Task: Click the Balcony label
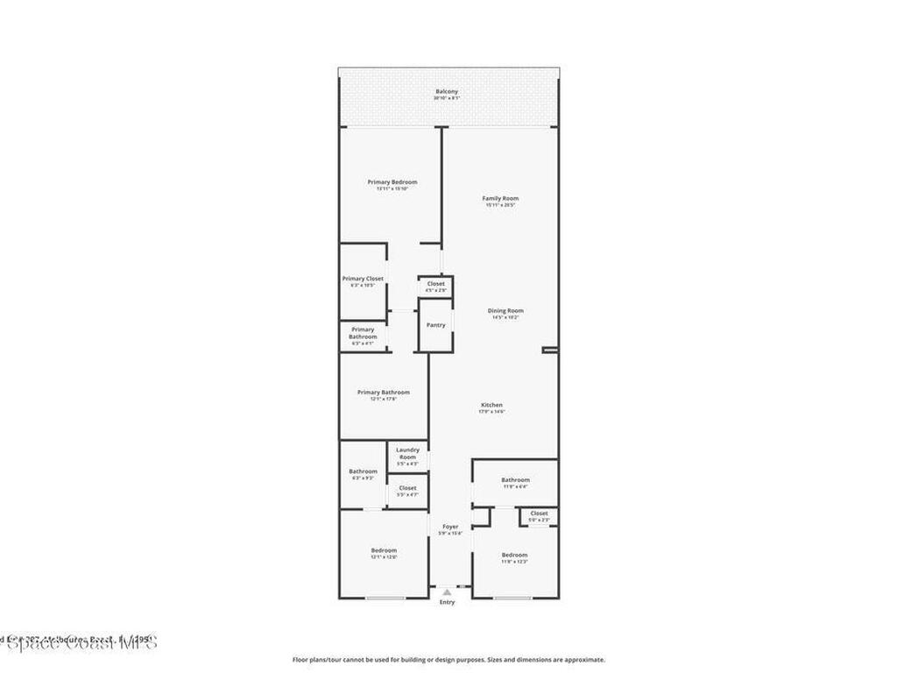coord(447,92)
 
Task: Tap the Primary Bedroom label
coord(392,182)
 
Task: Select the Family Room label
coord(500,199)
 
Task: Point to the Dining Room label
coord(505,311)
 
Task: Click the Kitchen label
coord(491,405)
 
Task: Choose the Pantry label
coord(435,325)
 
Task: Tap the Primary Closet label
coord(363,279)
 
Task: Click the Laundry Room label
coord(407,453)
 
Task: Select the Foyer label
coord(449,527)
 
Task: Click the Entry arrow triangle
coord(447,592)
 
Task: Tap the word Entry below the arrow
coord(447,603)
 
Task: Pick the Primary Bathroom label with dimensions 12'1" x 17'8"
coord(383,393)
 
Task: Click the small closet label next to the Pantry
coord(435,284)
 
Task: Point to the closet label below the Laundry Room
coord(407,488)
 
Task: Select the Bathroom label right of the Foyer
coord(515,480)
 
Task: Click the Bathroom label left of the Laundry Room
coord(363,471)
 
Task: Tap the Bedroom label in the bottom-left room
coord(383,550)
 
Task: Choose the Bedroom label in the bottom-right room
coord(514,555)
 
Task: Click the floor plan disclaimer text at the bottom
coord(448,660)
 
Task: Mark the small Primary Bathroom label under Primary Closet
coord(363,333)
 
